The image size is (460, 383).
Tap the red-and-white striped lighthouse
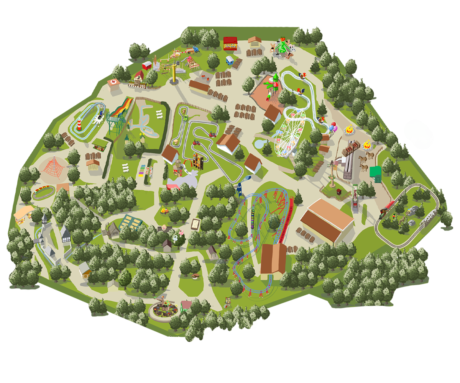(79, 124)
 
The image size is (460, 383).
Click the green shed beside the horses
(375, 173)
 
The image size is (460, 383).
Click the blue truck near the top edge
(196, 49)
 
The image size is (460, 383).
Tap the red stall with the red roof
(231, 43)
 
